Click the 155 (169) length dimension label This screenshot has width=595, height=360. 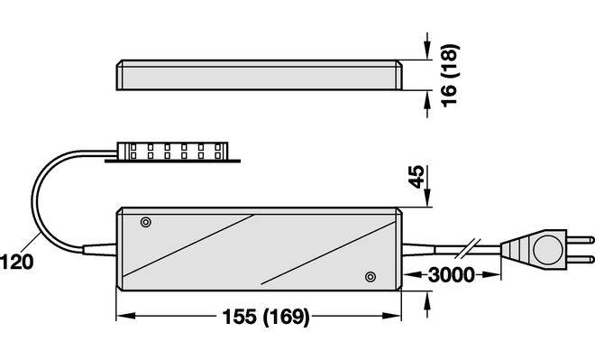tap(266, 317)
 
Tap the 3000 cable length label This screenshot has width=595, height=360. tap(451, 275)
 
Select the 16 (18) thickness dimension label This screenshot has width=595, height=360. tap(450, 76)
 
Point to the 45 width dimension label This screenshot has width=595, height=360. tap(416, 177)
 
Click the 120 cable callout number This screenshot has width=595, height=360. tap(17, 263)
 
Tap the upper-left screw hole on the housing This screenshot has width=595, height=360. tap(146, 222)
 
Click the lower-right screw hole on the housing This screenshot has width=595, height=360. tap(371, 277)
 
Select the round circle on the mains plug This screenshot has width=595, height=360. tap(547, 249)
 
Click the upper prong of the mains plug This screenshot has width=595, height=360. tap(581, 240)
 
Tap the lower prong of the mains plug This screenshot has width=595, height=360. tap(581, 259)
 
